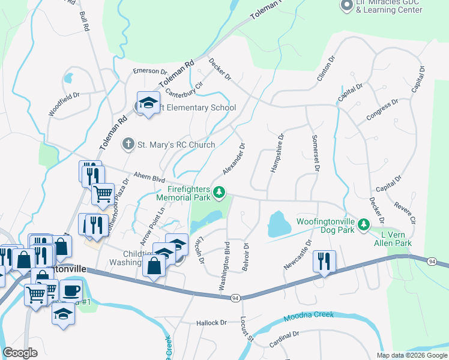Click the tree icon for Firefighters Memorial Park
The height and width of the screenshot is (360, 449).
coord(220,192)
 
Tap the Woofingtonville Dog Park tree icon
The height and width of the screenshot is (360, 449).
coord(363,225)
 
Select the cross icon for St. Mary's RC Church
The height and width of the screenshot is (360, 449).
coord(127,144)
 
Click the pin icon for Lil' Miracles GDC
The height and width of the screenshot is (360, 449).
coord(346,6)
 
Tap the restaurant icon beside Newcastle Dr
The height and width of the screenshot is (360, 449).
coord(324,261)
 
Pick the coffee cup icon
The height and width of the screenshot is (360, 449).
coord(71,291)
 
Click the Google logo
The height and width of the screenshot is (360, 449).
coord(20,353)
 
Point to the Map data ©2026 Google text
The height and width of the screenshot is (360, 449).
coord(411,355)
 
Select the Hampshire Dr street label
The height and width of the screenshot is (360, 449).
coord(277,153)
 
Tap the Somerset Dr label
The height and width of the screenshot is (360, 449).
coord(315,153)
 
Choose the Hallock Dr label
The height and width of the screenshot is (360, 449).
coord(211,323)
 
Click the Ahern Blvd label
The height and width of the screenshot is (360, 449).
coord(149,178)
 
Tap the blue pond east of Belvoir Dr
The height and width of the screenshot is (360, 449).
coord(276,224)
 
